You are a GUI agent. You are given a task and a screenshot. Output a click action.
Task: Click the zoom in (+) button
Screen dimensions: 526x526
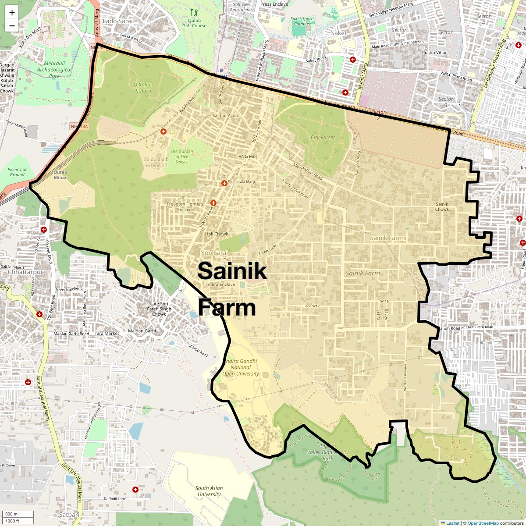(12, 13)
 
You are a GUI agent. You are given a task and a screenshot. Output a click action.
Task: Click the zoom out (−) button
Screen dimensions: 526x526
(12, 25)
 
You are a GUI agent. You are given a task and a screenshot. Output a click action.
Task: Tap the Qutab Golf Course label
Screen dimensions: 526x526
(194, 23)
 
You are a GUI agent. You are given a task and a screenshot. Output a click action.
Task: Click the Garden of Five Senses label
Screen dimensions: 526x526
(181, 156)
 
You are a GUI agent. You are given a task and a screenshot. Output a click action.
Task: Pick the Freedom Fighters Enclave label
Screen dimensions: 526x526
(185, 206)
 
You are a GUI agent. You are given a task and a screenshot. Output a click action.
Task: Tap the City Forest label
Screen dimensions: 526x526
(323, 137)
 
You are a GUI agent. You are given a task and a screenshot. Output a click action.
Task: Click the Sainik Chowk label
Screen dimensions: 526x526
(442, 206)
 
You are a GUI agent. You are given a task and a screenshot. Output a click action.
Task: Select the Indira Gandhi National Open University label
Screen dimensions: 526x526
(240, 367)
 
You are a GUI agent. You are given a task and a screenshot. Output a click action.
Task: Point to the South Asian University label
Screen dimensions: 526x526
(209, 491)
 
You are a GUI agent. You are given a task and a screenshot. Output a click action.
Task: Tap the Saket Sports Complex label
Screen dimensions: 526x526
(302, 21)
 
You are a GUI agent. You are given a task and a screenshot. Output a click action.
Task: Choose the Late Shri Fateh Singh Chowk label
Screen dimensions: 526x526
(159, 309)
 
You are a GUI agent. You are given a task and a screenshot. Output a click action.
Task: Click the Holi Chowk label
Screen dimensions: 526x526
(217, 234)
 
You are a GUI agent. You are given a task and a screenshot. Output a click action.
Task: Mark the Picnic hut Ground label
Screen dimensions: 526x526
(17, 172)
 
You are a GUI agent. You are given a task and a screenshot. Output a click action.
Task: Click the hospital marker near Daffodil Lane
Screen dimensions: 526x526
(135, 489)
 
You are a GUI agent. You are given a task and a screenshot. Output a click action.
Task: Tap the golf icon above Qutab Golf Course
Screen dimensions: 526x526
(194, 13)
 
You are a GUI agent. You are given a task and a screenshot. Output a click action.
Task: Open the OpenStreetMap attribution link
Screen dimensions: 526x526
(483, 523)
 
